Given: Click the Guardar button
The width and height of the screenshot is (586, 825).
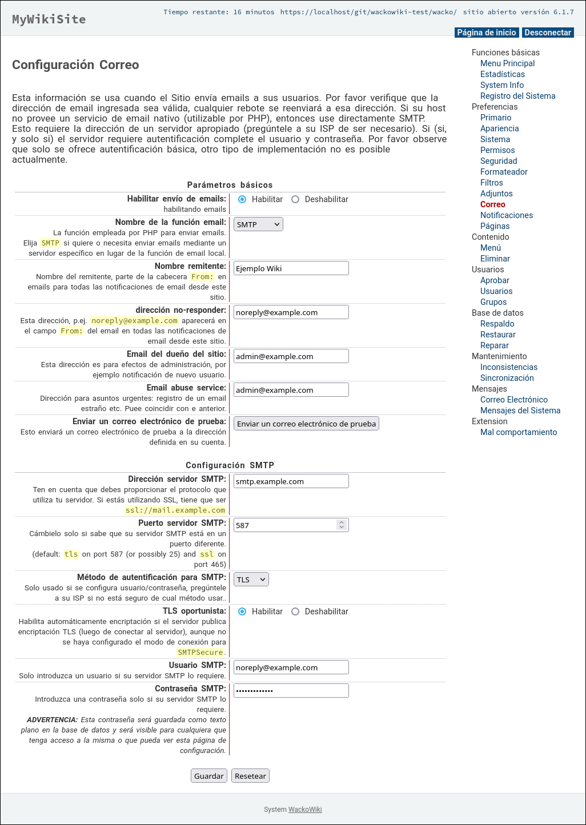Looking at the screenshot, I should (208, 776).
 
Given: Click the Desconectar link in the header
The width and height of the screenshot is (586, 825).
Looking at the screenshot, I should (548, 33).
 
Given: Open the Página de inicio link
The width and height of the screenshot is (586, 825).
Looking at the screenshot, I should (487, 33).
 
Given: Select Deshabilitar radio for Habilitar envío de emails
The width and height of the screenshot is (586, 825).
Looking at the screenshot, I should (295, 199).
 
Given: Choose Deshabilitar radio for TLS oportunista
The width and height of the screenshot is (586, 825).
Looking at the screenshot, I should (295, 611).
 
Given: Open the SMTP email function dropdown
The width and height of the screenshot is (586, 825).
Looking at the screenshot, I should (258, 224).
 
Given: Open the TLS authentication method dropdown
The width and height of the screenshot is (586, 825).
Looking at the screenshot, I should (251, 579).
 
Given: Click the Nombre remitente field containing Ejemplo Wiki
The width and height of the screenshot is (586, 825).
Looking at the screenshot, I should (291, 268).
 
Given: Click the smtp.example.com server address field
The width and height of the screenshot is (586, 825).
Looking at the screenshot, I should (291, 481).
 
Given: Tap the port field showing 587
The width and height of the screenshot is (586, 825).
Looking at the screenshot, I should (285, 525).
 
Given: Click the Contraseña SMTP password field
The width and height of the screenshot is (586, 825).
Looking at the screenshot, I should (291, 691).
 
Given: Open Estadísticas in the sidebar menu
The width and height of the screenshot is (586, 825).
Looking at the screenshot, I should (503, 74).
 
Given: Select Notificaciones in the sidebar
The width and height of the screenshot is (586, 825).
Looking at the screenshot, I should (507, 215).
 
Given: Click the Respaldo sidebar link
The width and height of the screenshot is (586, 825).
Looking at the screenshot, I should (497, 324).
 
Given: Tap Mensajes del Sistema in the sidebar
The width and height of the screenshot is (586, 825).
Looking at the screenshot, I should (520, 411).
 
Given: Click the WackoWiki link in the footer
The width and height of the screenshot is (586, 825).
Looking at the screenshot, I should (305, 810).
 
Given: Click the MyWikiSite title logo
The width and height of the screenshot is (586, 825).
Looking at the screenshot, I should (49, 19).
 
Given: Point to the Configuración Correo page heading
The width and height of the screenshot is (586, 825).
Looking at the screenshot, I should (75, 65).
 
